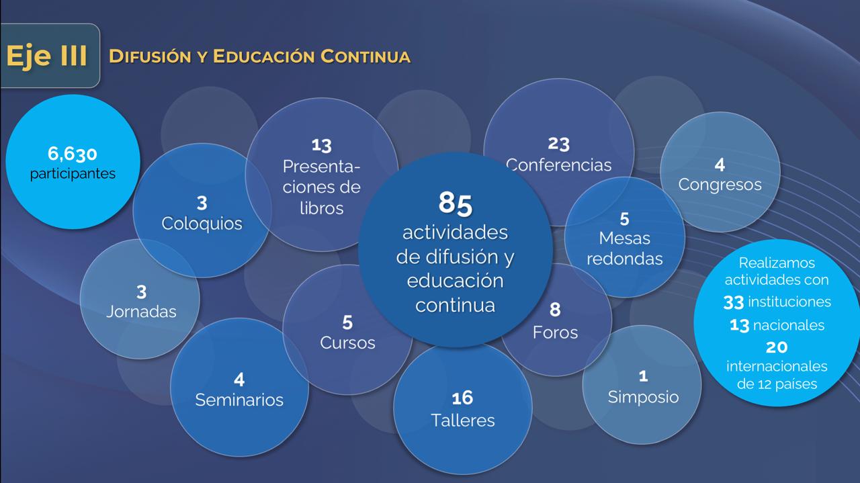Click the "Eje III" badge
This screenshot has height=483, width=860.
coord(47,56)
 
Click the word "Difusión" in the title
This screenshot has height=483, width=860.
coord(143,56)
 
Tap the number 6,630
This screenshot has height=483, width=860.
coord(72,155)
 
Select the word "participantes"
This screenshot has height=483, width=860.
coord(73,173)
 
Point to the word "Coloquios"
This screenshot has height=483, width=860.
coord(202,223)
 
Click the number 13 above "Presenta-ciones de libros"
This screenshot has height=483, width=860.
coord(322,144)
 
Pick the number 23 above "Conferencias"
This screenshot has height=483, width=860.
coord(558,144)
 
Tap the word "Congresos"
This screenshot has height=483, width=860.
coord(720,184)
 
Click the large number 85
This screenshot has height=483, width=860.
coord(456,203)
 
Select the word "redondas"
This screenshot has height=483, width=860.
coord(625,259)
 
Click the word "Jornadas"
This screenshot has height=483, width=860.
coord(141,312)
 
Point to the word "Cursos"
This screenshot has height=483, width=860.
coord(347,343)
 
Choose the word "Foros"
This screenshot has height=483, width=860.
coord(555,332)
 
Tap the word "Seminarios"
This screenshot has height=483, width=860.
coord(239,400)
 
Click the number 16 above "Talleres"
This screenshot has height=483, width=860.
coord(462,398)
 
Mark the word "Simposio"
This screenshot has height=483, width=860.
coord(643,396)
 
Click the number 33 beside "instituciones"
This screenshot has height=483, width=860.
coord(733,302)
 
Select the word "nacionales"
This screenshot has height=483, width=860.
coord(788,325)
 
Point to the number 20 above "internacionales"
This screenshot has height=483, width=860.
coord(777,347)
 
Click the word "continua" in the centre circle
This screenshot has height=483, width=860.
coord(455,305)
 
